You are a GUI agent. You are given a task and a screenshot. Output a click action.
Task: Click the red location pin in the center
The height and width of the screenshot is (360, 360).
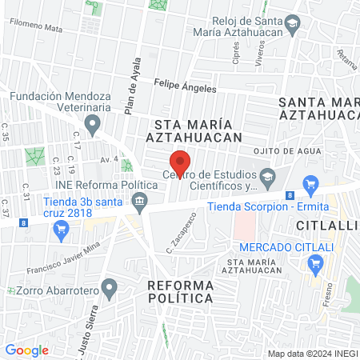click(x=180, y=162)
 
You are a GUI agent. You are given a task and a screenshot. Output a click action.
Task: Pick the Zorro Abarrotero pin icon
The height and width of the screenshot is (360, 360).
click(x=110, y=286)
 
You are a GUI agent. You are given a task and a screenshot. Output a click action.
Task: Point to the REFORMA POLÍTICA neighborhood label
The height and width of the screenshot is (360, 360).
click(x=181, y=291)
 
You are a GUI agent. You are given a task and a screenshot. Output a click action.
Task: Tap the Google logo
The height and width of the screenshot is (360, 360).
click(x=26, y=350)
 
